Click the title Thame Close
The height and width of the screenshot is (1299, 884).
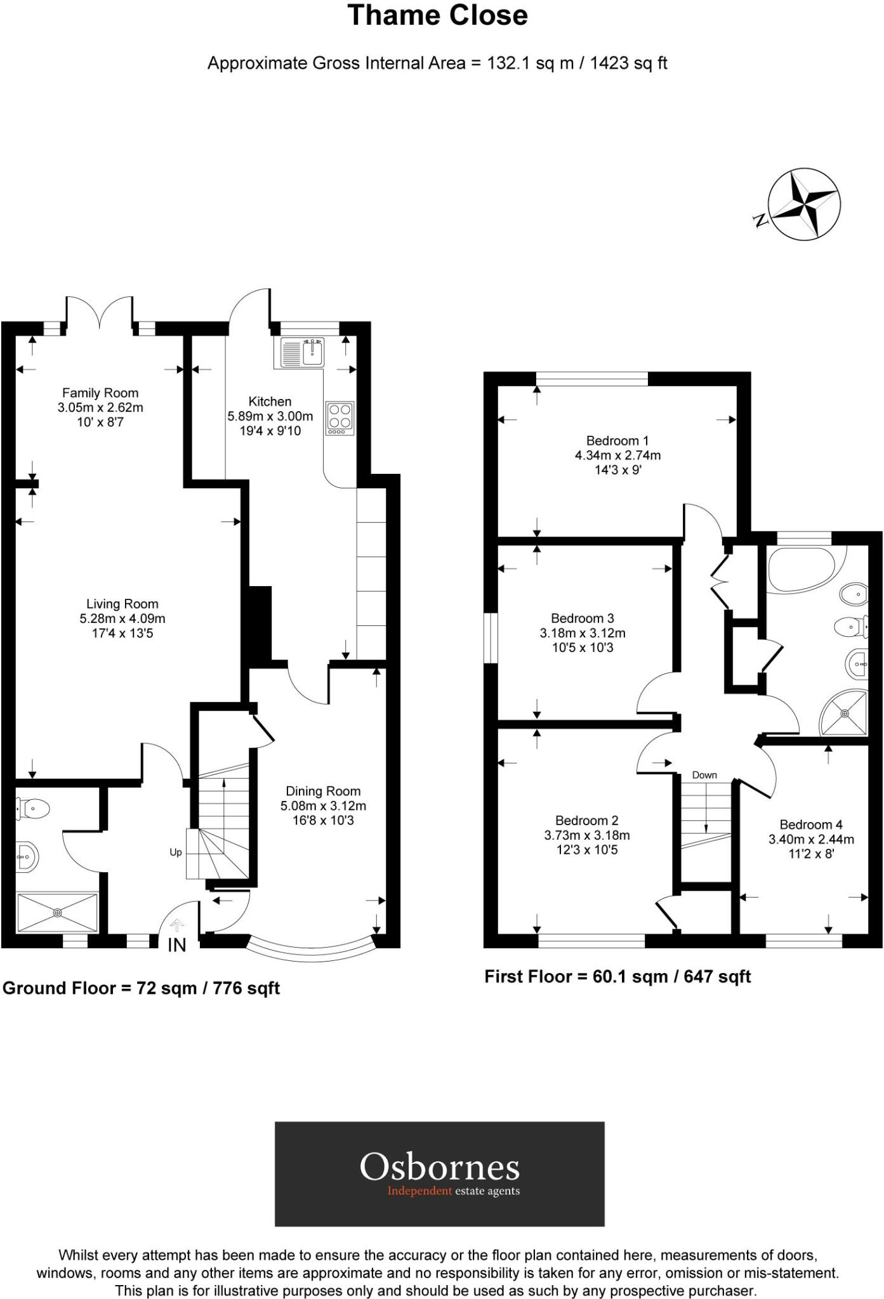click(437, 16)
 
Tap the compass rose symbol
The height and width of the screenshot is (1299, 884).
click(803, 205)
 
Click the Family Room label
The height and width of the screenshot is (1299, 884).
click(100, 393)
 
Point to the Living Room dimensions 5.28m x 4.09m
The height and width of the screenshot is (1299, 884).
click(122, 618)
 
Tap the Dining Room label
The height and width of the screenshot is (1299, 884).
click(323, 791)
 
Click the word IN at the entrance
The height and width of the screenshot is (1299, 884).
click(177, 945)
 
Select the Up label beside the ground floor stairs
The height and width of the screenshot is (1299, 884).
click(176, 852)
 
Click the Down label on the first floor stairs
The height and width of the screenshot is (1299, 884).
click(704, 775)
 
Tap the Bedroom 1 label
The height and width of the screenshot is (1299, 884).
click(617, 441)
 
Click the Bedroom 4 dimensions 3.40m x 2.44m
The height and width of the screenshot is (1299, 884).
click(811, 839)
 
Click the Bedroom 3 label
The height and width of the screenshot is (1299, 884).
click(582, 618)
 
